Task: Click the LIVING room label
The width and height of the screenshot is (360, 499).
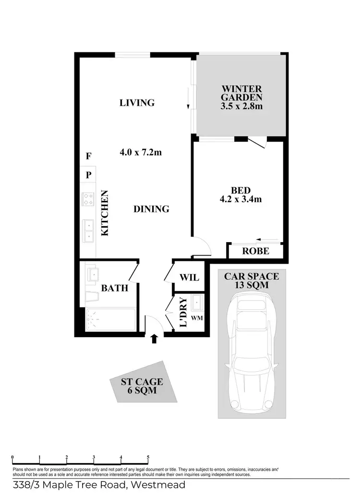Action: [x=137, y=103]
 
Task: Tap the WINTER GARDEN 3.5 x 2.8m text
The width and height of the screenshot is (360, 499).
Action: [x=241, y=97]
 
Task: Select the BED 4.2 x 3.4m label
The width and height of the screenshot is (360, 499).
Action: [x=240, y=195]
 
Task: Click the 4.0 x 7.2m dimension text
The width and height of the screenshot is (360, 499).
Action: [x=140, y=153]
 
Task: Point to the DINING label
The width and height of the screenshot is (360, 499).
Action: [x=151, y=209]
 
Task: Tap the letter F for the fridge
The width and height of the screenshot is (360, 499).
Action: [x=88, y=156]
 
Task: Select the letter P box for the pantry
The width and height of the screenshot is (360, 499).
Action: [x=88, y=175]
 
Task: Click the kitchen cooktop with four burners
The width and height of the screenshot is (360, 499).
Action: [x=88, y=199]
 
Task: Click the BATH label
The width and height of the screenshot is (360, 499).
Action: [x=115, y=288]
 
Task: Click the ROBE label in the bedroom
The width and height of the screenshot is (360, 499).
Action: [x=255, y=251]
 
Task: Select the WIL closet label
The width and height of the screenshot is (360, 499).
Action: [x=189, y=278]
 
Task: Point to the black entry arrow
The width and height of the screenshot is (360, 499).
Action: [x=154, y=339]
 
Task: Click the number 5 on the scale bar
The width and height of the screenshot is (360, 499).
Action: [x=148, y=457]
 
